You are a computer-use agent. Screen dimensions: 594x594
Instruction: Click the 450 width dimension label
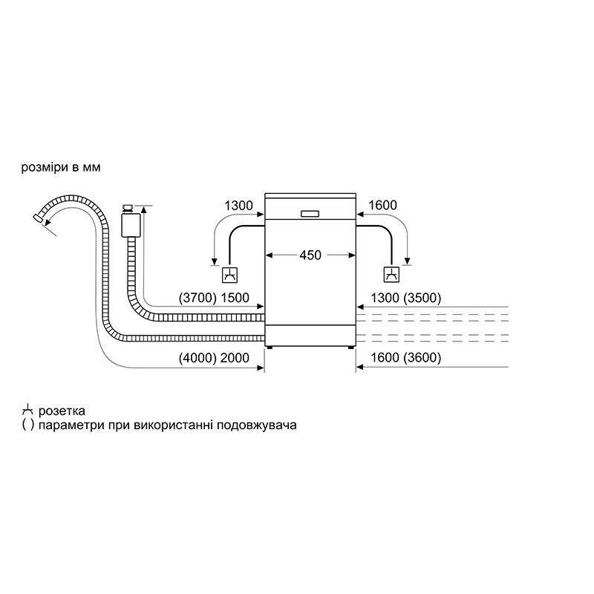310,255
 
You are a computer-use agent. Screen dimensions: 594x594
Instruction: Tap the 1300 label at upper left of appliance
238,206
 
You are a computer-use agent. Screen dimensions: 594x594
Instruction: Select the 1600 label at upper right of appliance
382,206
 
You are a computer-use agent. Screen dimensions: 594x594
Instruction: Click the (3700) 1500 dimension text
214,298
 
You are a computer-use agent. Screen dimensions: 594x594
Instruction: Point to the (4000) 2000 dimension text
214,358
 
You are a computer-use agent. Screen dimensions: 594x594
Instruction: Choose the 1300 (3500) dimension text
405,298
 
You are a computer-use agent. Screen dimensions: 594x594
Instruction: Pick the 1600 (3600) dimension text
405,358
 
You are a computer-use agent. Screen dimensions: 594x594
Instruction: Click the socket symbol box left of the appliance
230,275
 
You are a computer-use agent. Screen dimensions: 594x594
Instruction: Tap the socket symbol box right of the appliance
391,275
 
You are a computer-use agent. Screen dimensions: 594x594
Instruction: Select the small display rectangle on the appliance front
310,214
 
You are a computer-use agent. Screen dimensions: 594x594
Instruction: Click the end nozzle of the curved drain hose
38,218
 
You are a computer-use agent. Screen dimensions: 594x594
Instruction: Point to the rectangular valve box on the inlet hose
131,225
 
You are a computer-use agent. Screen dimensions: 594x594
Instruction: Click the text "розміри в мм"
61,168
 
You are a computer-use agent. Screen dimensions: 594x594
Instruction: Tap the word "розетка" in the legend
62,411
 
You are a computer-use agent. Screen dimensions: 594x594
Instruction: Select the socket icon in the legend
27,411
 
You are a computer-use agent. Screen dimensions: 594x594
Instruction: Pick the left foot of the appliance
270,347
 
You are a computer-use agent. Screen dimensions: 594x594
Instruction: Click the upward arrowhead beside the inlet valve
143,209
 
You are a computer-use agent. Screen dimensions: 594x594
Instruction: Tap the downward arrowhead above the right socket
407,261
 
